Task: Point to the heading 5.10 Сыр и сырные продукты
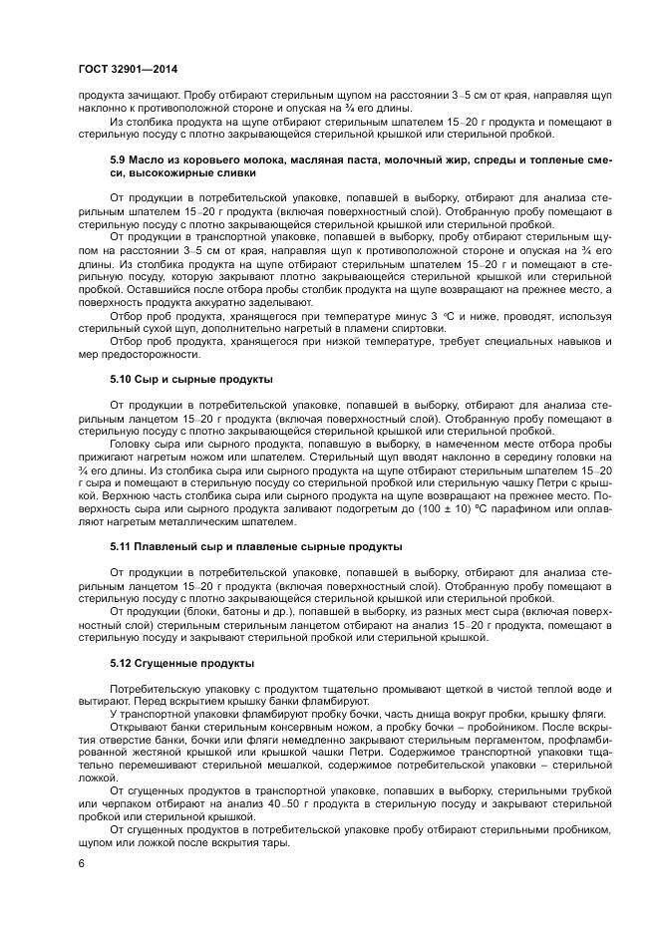click(190, 381)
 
